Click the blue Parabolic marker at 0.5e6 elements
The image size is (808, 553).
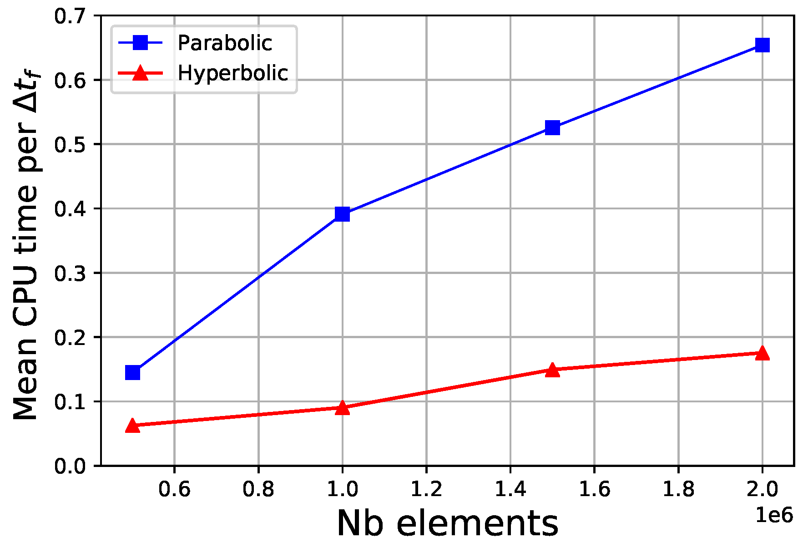pyautogui.click(x=132, y=372)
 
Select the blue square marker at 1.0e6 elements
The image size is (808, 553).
pyautogui.click(x=342, y=213)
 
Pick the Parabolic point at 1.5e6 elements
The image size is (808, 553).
pyautogui.click(x=552, y=128)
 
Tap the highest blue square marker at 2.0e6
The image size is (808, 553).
pyautogui.click(x=762, y=45)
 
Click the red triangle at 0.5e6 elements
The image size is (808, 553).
pyautogui.click(x=132, y=426)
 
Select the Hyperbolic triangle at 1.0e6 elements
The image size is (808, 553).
pyautogui.click(x=342, y=408)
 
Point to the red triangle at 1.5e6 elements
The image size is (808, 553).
pyautogui.click(x=552, y=370)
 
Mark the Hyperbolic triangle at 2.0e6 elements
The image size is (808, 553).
pyautogui.click(x=762, y=353)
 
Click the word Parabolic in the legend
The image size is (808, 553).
pyautogui.click(x=225, y=43)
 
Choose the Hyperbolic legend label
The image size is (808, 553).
pyautogui.click(x=233, y=73)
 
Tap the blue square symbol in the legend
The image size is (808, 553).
pyautogui.click(x=140, y=43)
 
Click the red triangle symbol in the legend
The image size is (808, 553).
pyautogui.click(x=140, y=73)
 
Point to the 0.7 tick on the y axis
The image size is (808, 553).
pyautogui.click(x=70, y=17)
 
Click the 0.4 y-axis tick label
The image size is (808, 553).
pyautogui.click(x=70, y=209)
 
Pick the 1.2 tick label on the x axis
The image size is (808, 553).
pyautogui.click(x=426, y=489)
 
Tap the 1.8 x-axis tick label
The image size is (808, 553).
pyautogui.click(x=678, y=489)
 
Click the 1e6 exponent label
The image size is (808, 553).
pyautogui.click(x=774, y=516)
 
